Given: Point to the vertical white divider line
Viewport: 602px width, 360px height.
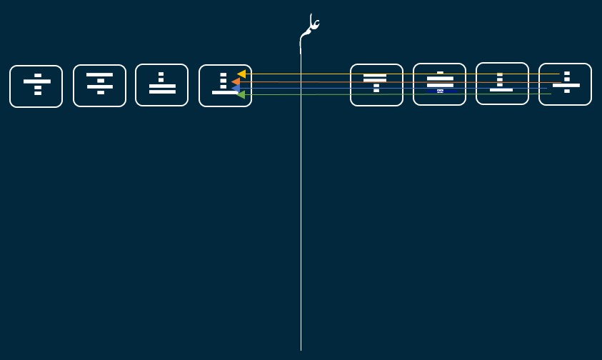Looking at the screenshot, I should pyautogui.click(x=301, y=214).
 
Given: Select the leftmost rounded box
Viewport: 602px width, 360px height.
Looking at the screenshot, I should pyautogui.click(x=36, y=86).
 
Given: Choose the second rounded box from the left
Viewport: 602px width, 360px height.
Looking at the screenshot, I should pyautogui.click(x=99, y=86).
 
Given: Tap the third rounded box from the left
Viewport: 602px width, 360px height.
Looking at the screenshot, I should pyautogui.click(x=161, y=85).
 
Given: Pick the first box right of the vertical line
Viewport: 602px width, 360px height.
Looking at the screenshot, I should pyautogui.click(x=376, y=85).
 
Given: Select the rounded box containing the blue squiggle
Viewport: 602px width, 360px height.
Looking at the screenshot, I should pyautogui.click(x=439, y=84).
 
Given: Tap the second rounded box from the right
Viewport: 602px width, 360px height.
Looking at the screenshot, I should pyautogui.click(x=502, y=84).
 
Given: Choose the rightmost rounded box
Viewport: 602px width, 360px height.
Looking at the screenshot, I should pyautogui.click(x=565, y=84).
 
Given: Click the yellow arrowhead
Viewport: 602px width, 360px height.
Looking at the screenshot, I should pyautogui.click(x=241, y=74).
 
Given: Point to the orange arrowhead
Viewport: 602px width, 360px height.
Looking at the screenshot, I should pyautogui.click(x=236, y=82).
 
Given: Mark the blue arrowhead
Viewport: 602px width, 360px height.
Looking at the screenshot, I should pyautogui.click(x=235, y=89).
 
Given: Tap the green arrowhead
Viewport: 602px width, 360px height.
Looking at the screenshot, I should pyautogui.click(x=241, y=94).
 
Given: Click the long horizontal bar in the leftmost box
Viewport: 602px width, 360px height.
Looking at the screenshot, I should pyautogui.click(x=37, y=81).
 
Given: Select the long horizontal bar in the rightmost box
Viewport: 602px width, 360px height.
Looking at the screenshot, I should pyautogui.click(x=566, y=85).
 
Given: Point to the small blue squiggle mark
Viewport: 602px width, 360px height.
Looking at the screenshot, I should pyautogui.click(x=440, y=91).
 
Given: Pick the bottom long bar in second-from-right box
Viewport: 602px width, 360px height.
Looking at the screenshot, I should pyautogui.click(x=501, y=90).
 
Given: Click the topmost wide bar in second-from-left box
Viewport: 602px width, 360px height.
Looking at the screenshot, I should pyautogui.click(x=99, y=74).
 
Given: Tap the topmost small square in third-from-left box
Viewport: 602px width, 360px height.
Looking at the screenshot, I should pyautogui.click(x=161, y=74).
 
